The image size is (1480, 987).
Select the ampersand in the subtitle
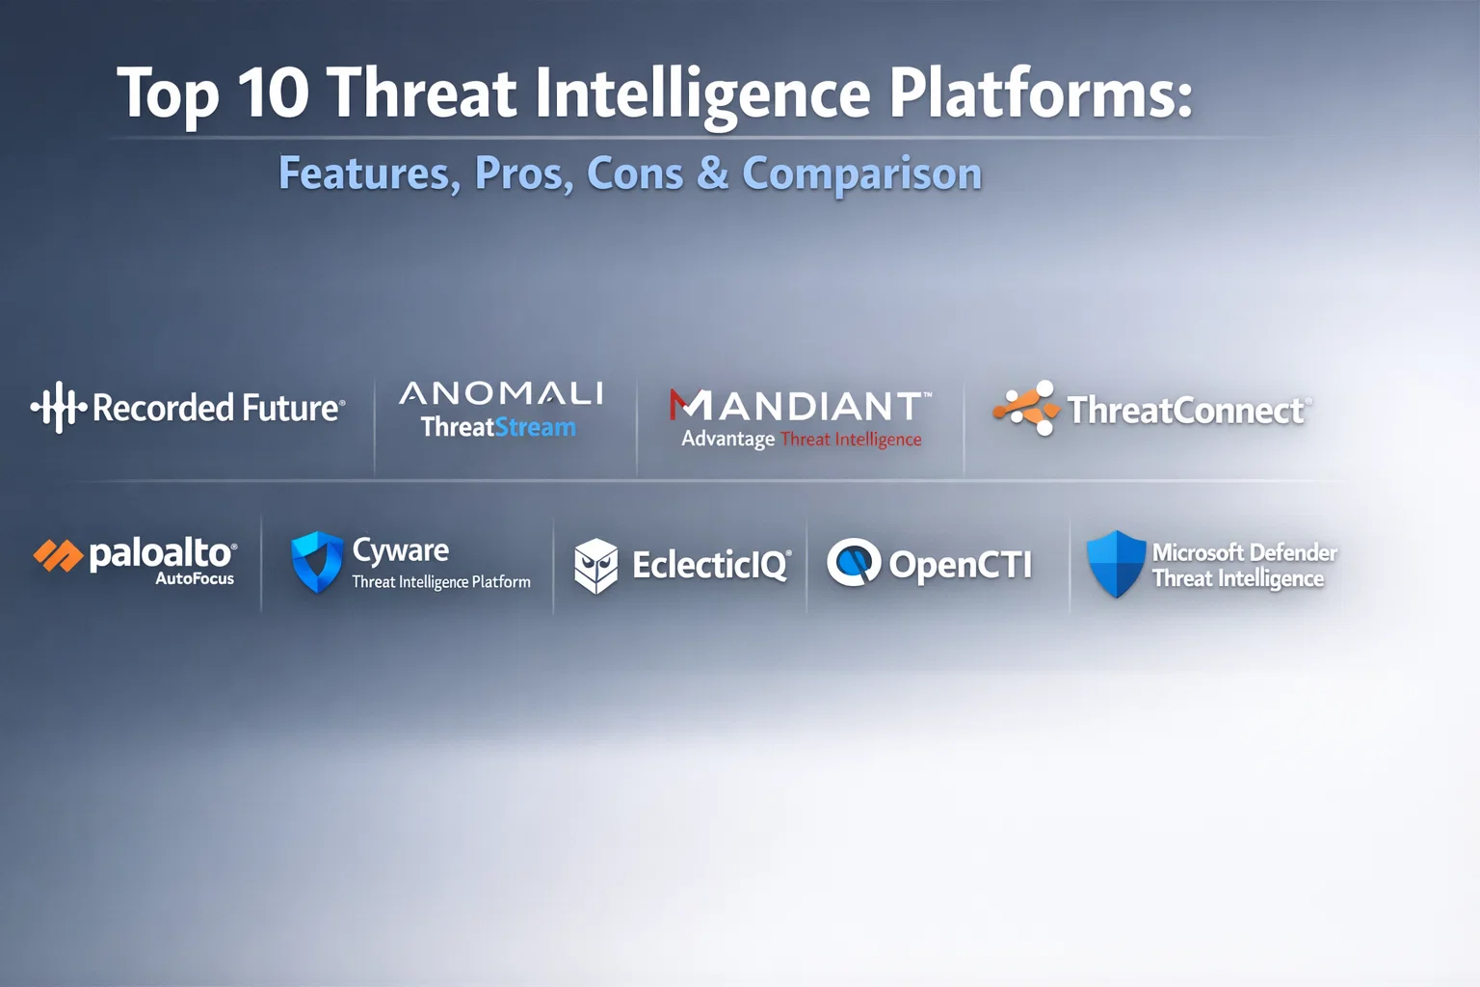pyautogui.click(x=712, y=173)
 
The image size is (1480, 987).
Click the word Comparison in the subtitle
pyautogui.click(x=861, y=174)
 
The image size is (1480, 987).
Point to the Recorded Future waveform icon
pyautogui.click(x=59, y=407)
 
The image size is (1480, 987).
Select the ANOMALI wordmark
pyautogui.click(x=501, y=393)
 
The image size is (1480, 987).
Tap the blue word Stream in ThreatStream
pyautogui.click(x=535, y=427)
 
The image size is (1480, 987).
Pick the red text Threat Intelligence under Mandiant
pyautogui.click(x=851, y=440)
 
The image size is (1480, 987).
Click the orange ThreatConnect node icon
pyautogui.click(x=1027, y=408)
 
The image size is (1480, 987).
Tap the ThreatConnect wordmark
pyautogui.click(x=1186, y=410)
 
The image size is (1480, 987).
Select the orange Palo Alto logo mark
pyautogui.click(x=58, y=554)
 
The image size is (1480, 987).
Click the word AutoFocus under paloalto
pyautogui.click(x=195, y=578)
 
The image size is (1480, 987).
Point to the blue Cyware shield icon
pyautogui.click(x=317, y=562)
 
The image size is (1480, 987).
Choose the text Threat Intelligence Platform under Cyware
pyautogui.click(x=440, y=582)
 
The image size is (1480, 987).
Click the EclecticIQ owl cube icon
pyautogui.click(x=596, y=566)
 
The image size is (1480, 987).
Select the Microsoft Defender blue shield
pyautogui.click(x=1116, y=563)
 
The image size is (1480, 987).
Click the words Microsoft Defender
pyautogui.click(x=1244, y=552)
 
